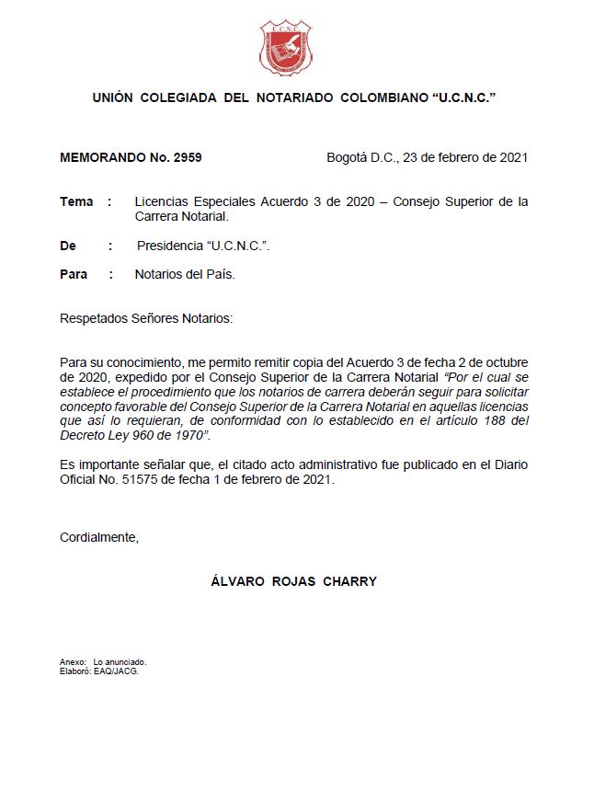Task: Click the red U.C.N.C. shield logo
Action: tap(285, 49)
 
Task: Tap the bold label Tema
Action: tap(76, 201)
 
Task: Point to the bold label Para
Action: tap(74, 274)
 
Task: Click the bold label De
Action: tap(68, 246)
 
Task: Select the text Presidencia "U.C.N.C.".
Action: tap(203, 246)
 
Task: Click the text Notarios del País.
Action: tap(185, 274)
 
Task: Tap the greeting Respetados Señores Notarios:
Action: tap(146, 318)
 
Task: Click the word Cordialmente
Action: tap(98, 537)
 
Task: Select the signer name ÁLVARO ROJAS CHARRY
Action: tap(293, 581)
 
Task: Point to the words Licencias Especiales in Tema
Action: tap(195, 201)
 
